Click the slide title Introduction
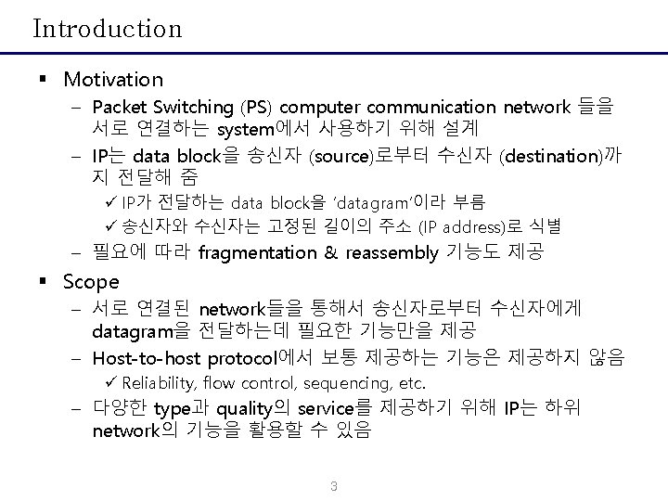point(108,29)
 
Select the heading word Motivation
point(112,80)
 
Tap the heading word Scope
point(91,281)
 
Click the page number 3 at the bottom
point(334,488)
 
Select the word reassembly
point(391,252)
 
